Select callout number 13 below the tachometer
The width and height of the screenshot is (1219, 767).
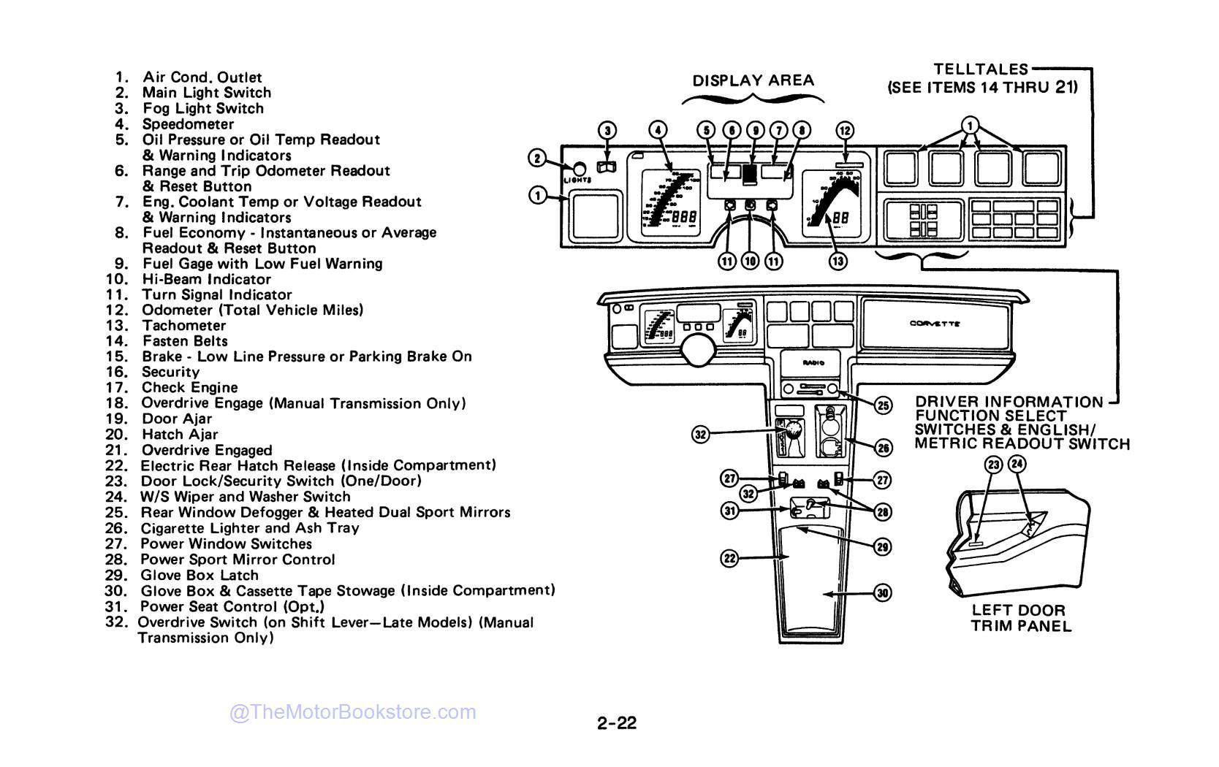pyautogui.click(x=838, y=261)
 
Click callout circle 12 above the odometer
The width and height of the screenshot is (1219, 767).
pyautogui.click(x=844, y=131)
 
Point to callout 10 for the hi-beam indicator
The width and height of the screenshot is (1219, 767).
pyautogui.click(x=750, y=261)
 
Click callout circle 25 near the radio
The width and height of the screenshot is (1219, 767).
pyautogui.click(x=883, y=405)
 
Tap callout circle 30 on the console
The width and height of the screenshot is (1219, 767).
pyautogui.click(x=883, y=593)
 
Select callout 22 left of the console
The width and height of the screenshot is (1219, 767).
pyautogui.click(x=730, y=559)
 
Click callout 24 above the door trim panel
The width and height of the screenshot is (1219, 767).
pyautogui.click(x=1017, y=463)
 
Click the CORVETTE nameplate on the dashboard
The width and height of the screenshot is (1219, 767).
pyautogui.click(x=935, y=324)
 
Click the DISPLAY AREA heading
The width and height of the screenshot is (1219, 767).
pyautogui.click(x=753, y=80)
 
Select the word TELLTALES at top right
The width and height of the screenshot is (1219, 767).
pyautogui.click(x=981, y=70)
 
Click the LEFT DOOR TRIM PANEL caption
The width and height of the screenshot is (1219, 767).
pyautogui.click(x=1018, y=618)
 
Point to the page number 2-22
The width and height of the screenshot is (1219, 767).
pyautogui.click(x=616, y=723)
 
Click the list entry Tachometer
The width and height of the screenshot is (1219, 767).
pyautogui.click(x=184, y=326)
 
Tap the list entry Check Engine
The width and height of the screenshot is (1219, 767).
pyautogui.click(x=190, y=388)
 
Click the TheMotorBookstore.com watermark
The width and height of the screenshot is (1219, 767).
pyautogui.click(x=353, y=712)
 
